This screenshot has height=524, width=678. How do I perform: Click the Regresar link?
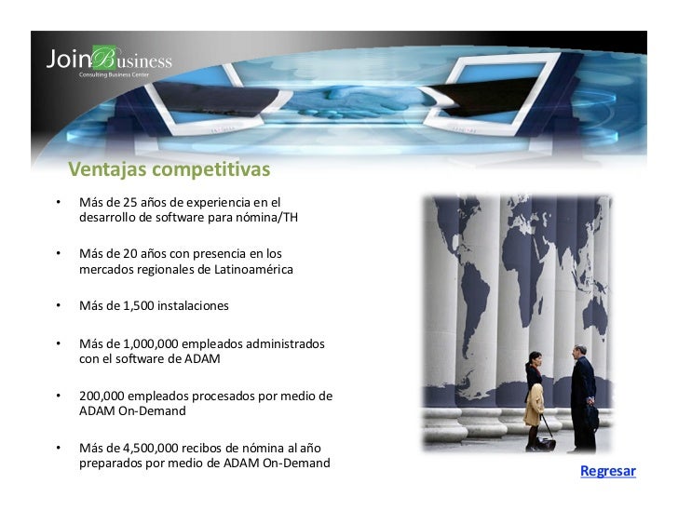(607, 471)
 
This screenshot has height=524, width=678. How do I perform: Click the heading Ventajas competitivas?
(169, 170)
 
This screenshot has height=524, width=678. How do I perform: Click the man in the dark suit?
(583, 396)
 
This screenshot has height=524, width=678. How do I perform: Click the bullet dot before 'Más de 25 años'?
(59, 202)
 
